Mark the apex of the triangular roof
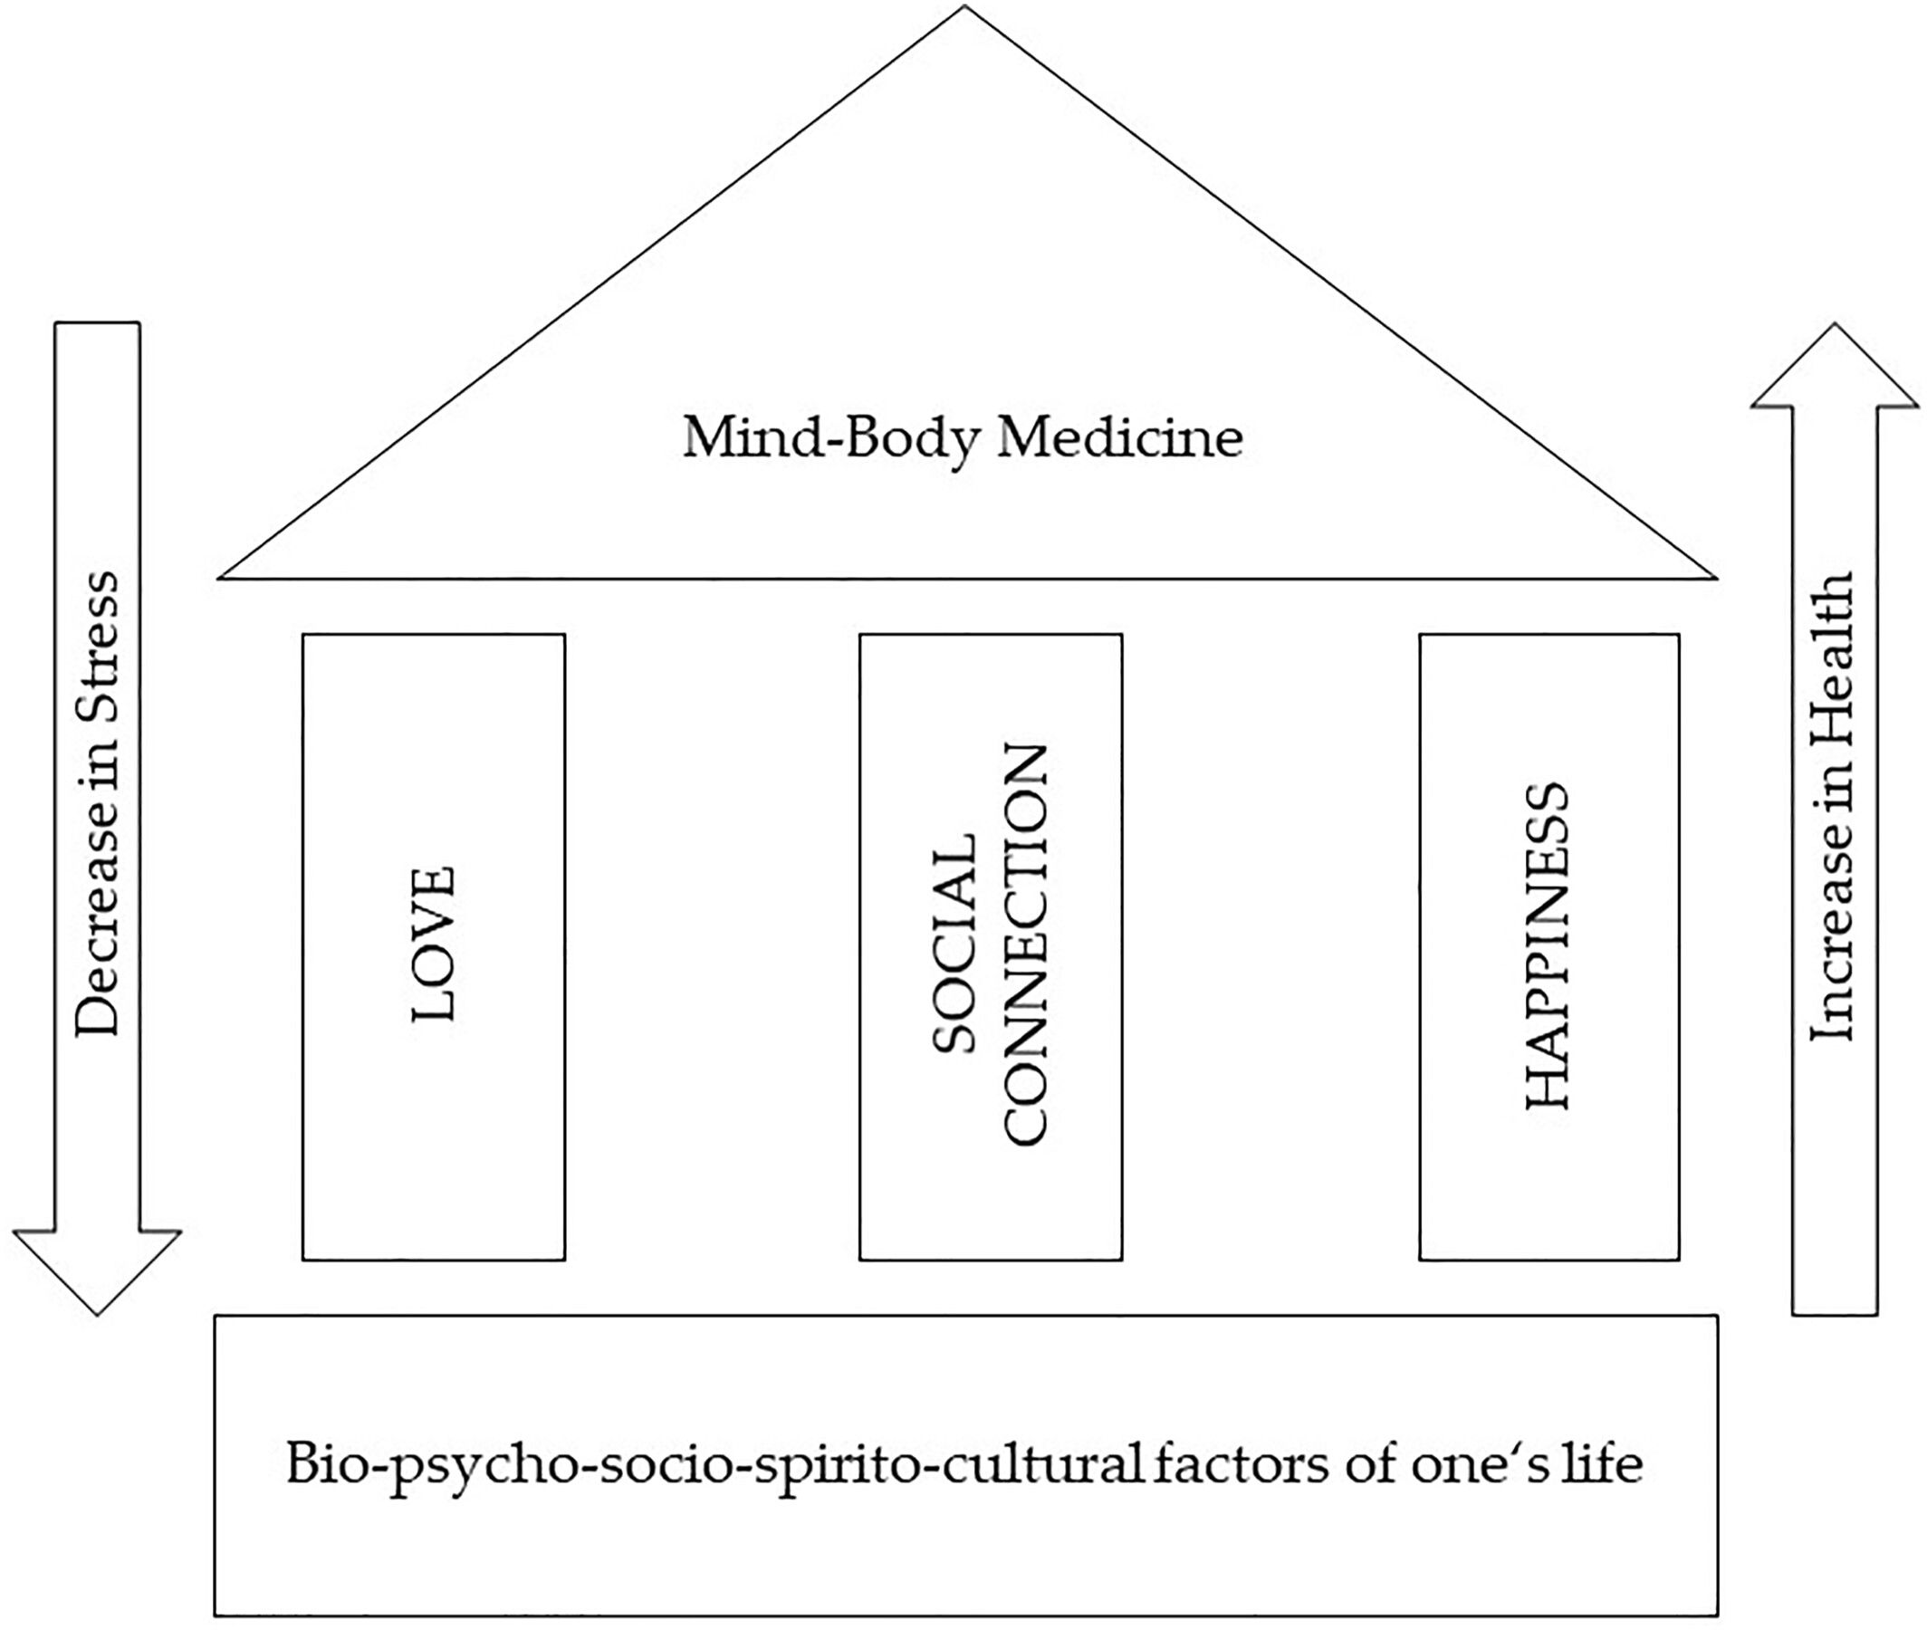964,9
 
